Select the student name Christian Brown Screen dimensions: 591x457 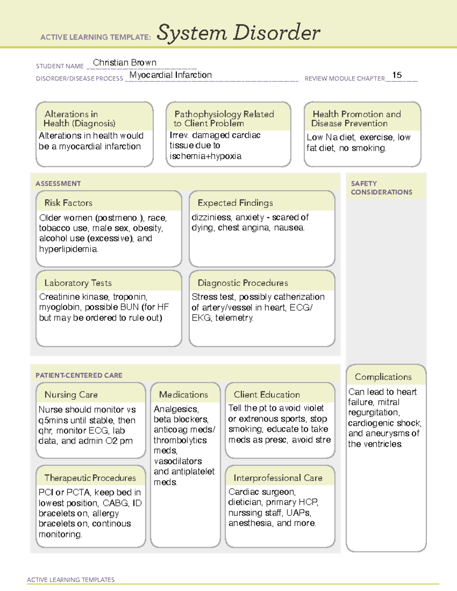pyautogui.click(x=125, y=62)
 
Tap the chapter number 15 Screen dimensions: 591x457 pyautogui.click(x=397, y=75)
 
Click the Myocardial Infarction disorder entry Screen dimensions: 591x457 pyautogui.click(x=170, y=75)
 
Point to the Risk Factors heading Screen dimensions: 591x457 pyautogui.click(x=68, y=203)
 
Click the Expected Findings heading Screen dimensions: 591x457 pyautogui.click(x=235, y=203)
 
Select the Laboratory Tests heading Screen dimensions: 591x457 pyautogui.click(x=78, y=283)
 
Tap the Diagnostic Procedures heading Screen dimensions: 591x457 pyautogui.click(x=243, y=283)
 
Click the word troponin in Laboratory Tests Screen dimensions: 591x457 pyautogui.click(x=130, y=297)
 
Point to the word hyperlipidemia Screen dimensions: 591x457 pyautogui.click(x=68, y=249)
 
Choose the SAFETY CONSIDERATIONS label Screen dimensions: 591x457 pyautogui.click(x=381, y=188)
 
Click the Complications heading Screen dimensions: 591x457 pyautogui.click(x=383, y=377)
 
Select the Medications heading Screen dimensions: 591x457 pyautogui.click(x=183, y=395)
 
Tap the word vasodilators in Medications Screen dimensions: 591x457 pyautogui.click(x=177, y=461)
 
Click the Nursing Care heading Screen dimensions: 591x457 pyautogui.click(x=71, y=395)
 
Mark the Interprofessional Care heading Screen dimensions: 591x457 pyautogui.click(x=278, y=478)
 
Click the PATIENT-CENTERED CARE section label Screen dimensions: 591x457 pyautogui.click(x=79, y=375)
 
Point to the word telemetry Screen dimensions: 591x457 pyautogui.click(x=234, y=318)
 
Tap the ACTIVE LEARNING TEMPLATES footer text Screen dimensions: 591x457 pyautogui.click(x=70, y=580)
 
